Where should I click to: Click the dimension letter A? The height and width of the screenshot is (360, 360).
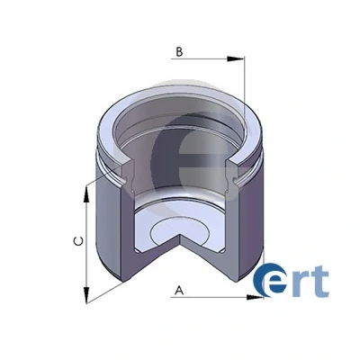coord(179,290)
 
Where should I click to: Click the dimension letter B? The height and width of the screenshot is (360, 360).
coord(179,52)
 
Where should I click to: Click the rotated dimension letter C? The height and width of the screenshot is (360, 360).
coord(78,241)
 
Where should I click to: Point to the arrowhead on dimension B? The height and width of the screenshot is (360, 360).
coord(236,59)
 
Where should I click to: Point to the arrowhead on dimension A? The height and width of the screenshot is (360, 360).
coord(255,297)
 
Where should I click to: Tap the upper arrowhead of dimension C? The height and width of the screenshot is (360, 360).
coord(86,195)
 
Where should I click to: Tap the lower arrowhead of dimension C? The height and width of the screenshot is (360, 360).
coord(86,295)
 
